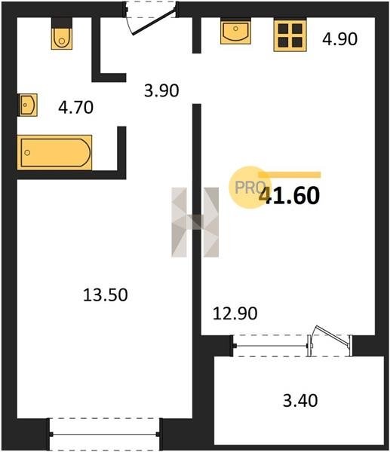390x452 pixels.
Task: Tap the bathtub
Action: tap(55, 152)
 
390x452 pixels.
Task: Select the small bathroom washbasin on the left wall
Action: tap(28, 105)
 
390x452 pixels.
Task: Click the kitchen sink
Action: tap(235, 31)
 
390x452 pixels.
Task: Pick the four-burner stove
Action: tap(290, 35)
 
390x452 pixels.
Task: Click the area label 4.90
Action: tap(339, 39)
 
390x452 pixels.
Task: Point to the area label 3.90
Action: tap(161, 90)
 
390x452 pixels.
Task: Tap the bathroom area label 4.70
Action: tap(75, 107)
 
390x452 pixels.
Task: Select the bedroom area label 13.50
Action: tap(105, 295)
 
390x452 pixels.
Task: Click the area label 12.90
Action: tap(235, 313)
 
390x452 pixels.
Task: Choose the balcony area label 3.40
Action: tap(300, 401)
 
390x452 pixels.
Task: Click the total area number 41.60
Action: tap(290, 195)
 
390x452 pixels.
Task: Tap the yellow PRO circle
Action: tap(250, 187)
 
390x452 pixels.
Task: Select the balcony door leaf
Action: tap(332, 335)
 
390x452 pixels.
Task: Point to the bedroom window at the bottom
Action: tap(105, 434)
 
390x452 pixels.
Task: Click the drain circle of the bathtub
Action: tap(27, 152)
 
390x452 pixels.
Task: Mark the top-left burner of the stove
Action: tap(283, 29)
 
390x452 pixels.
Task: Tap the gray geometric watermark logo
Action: tap(195, 222)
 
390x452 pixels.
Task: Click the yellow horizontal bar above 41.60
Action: tap(290, 175)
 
